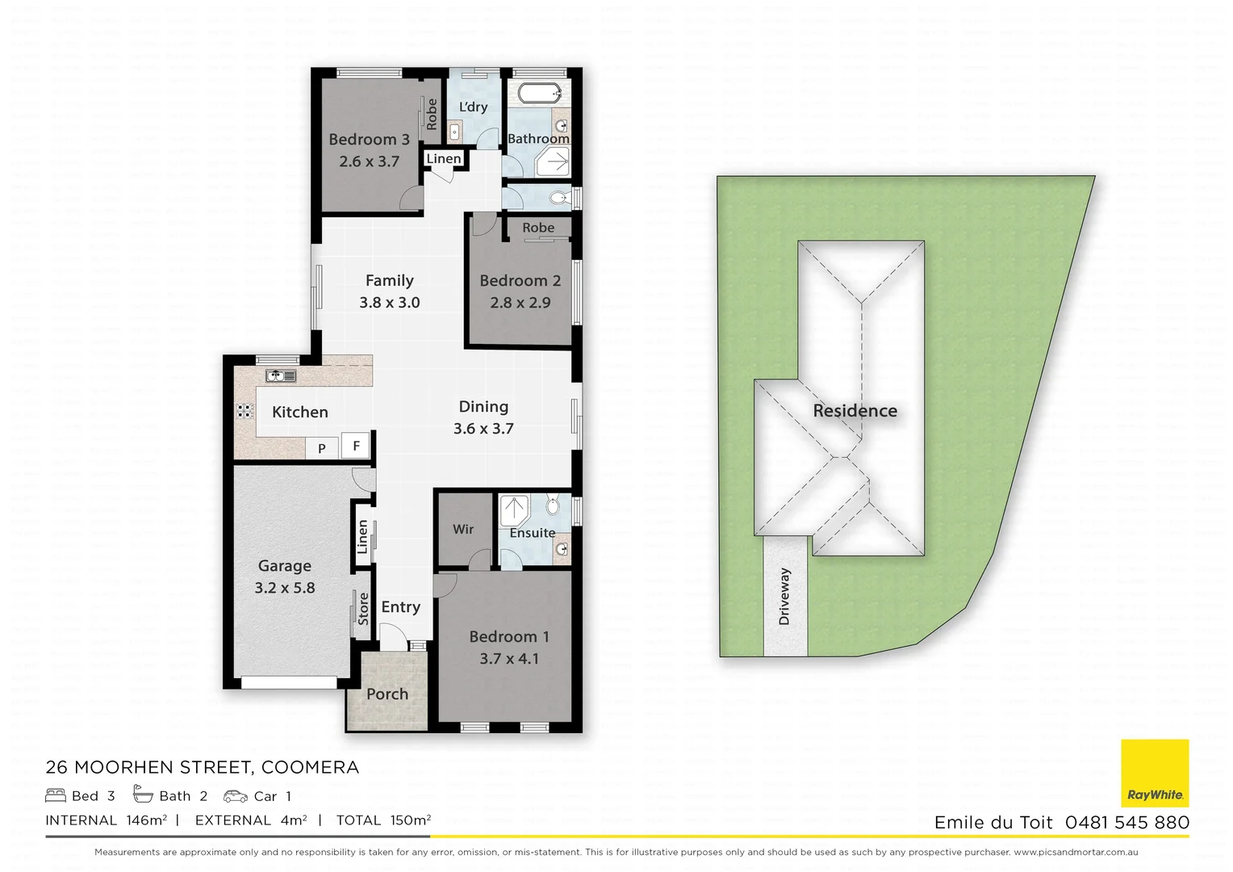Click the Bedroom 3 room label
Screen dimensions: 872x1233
[369, 140]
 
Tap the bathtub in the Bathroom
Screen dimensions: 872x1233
[539, 93]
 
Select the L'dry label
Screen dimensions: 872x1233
[473, 107]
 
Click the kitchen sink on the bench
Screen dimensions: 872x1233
[281, 376]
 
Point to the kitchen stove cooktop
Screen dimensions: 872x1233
[245, 411]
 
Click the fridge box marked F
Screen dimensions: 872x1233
[356, 446]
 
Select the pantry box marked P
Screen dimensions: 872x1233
[321, 448]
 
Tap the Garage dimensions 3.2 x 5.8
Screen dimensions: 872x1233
[285, 588]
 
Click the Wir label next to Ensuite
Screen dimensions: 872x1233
[463, 529]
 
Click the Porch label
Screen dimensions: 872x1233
[387, 694]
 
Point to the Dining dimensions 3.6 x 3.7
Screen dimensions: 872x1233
[483, 429]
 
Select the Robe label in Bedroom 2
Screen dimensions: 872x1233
[538, 228]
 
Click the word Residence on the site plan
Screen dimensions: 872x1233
[855, 411]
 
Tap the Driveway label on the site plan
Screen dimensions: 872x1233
[784, 597]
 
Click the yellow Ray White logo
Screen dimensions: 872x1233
[1155, 773]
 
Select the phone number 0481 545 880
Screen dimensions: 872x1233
[1127, 822]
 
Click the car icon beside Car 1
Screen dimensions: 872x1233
[236, 796]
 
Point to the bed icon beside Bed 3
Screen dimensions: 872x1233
[56, 795]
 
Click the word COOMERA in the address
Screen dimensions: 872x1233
[310, 767]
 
